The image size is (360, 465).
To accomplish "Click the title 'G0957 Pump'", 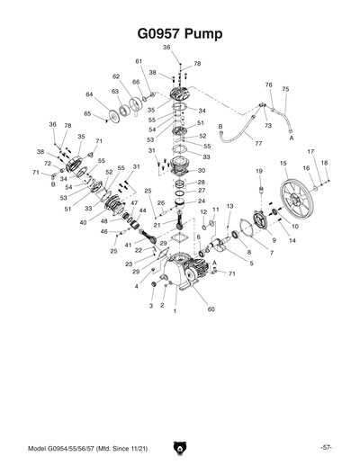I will click(179, 34).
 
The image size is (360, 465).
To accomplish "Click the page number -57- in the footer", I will click(326, 447).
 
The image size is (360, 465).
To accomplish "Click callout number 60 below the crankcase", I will click(212, 309).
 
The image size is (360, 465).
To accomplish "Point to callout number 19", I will click(258, 171).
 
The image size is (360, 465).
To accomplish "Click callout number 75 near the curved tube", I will click(285, 89).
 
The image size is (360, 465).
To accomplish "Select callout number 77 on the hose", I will click(258, 144).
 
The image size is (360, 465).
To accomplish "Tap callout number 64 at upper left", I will click(89, 94).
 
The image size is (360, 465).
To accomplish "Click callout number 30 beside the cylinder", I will click(202, 170).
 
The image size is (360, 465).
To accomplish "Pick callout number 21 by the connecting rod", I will click(157, 225).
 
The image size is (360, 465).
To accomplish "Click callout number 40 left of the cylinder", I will click(83, 222).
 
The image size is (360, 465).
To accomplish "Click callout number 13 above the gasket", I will click(229, 207).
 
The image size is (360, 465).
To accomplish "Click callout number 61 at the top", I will click(139, 61).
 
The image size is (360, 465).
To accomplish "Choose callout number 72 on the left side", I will click(48, 164).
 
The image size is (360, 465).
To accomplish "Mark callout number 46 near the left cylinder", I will click(104, 232).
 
